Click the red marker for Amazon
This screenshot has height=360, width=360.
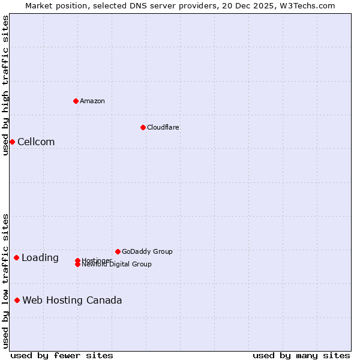76,101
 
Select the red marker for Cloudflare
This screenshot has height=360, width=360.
143,127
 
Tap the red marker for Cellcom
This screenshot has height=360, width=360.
12,142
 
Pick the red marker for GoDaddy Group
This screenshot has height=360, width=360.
118,251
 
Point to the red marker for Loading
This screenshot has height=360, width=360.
16,257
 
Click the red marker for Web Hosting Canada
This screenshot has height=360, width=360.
17,300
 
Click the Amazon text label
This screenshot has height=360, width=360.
92,101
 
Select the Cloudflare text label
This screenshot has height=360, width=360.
163,127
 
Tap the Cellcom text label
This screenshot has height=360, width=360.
36,142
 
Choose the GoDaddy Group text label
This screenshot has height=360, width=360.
147,251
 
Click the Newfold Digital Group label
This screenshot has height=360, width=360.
116,265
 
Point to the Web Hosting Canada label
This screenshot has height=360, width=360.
72,301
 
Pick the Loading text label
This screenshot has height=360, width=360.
40,258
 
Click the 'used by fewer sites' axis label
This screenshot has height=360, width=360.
62,356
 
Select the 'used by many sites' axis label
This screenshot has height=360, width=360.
301,356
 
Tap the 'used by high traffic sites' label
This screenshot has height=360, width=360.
5,85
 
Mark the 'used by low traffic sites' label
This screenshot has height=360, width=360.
5,281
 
